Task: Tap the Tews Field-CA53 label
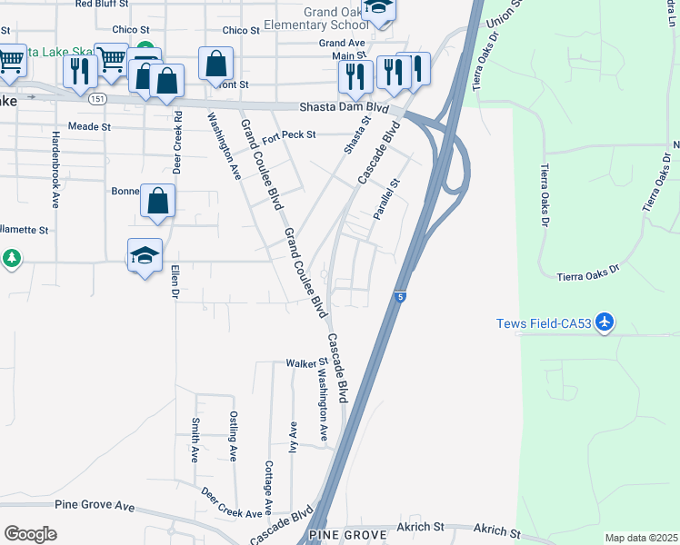tap(543, 324)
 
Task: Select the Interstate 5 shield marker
tap(400, 296)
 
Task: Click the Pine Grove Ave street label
tap(95, 506)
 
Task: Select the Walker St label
tap(306, 363)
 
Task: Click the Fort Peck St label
tap(288, 136)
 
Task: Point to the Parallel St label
tap(387, 201)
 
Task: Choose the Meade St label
tap(89, 127)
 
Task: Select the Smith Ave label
tap(195, 440)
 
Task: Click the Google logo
tap(30, 534)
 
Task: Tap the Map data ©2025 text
tap(640, 538)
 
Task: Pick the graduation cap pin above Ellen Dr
tap(145, 257)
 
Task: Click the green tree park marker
tap(11, 260)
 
